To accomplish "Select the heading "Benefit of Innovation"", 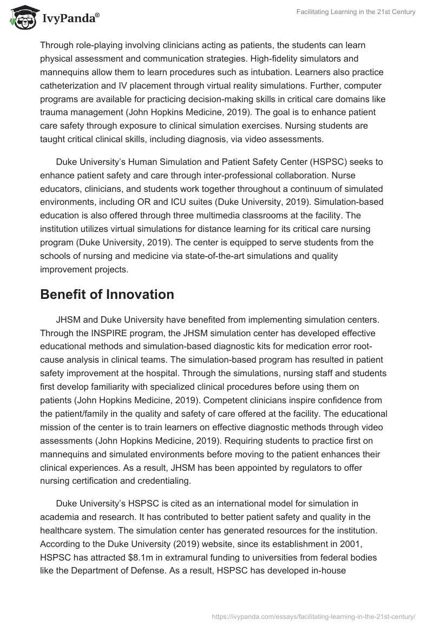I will tap(107, 294).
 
